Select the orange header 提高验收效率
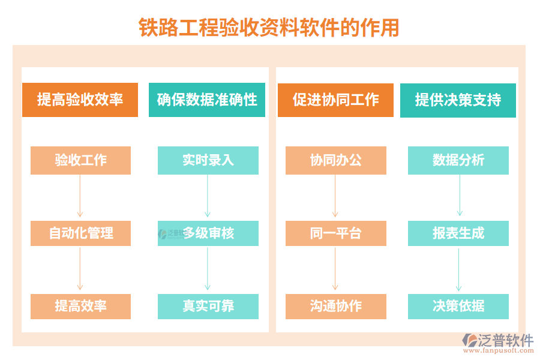coord(80,100)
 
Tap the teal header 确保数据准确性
coord(207,100)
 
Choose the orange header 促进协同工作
coord(335,100)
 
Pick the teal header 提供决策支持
coord(458,100)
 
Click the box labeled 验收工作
coord(80,160)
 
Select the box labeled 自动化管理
coord(80,233)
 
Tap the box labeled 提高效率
coord(80,306)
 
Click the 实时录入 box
coord(208,160)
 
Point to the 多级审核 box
coord(208,233)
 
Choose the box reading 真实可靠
coord(208,306)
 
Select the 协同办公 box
coord(336,160)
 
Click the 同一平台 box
coord(336,233)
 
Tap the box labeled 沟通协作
coord(336,306)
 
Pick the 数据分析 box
coord(458,160)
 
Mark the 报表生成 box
coord(458,233)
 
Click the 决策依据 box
coord(458,306)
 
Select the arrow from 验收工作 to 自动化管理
coord(80,197)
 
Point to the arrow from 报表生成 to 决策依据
coord(459,269)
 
